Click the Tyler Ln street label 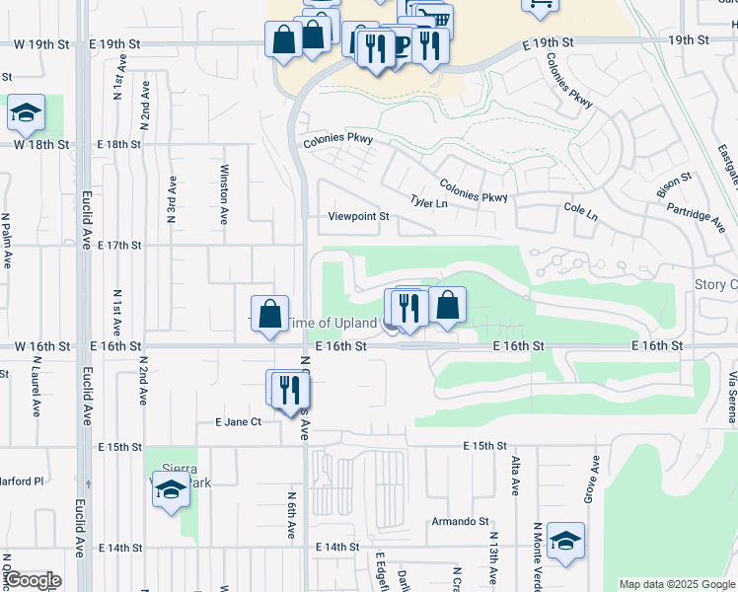click(x=429, y=202)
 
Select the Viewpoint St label click(x=359, y=216)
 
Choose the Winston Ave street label click(x=225, y=194)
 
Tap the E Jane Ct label click(x=238, y=421)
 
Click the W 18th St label click(x=40, y=144)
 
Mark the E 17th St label click(x=119, y=245)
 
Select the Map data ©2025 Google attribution click(x=677, y=584)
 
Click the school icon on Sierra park click(x=171, y=489)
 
